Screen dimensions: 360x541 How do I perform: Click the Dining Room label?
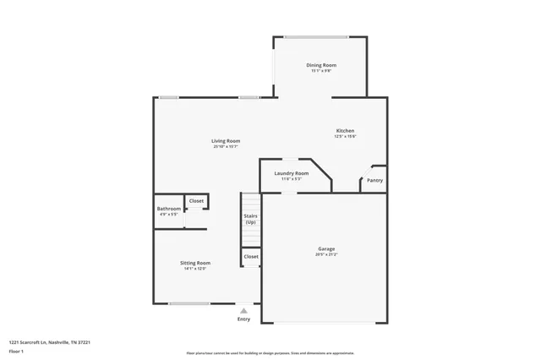coord(320,65)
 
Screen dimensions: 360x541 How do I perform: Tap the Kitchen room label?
coord(345,130)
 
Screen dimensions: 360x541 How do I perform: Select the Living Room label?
coord(226,140)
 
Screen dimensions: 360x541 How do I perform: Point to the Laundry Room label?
coord(291,173)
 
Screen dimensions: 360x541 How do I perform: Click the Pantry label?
coord(374,180)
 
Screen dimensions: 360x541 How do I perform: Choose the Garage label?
coord(326,248)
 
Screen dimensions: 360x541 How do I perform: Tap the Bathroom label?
coord(168,209)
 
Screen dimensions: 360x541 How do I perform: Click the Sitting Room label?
coord(194,263)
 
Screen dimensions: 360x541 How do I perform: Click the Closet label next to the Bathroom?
coord(196,201)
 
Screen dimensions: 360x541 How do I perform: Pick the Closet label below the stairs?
coord(251,256)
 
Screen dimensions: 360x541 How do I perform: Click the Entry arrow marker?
coord(243,311)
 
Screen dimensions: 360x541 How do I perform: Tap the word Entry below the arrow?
coord(243,319)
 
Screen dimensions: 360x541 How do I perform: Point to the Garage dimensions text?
coord(326,254)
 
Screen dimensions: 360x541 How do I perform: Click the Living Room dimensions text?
coord(226,147)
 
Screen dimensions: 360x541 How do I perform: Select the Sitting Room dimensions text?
coord(194,269)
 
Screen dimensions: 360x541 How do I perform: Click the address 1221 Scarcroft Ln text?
coord(49,342)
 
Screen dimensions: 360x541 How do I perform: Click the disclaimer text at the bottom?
coord(270,353)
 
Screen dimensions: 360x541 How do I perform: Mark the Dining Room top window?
coord(315,36)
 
